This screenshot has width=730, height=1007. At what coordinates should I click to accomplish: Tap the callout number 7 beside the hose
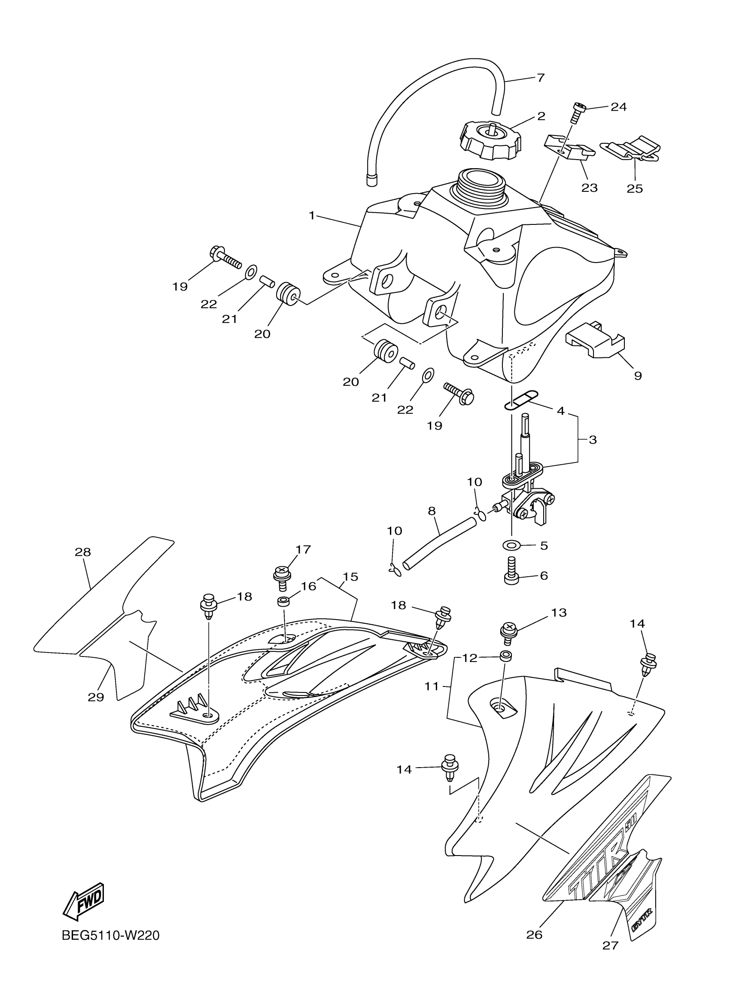point(540,78)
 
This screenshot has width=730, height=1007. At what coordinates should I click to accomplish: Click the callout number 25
point(635,188)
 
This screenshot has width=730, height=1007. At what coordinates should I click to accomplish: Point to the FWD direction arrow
point(84,895)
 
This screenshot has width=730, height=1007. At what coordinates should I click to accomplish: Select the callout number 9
point(638,375)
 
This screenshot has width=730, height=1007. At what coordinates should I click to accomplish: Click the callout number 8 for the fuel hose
point(432,511)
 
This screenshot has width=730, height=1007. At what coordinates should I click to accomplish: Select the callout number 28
point(83,552)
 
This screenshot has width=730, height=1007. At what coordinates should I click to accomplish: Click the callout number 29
point(96,697)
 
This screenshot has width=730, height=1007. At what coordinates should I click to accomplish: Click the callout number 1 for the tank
point(312,216)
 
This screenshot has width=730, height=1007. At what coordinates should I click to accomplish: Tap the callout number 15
point(351,577)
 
